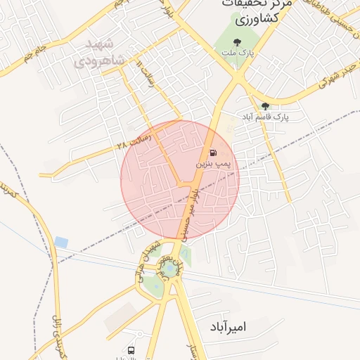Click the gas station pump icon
click(x=213, y=153)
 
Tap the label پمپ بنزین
click(x=213, y=164)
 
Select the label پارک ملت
click(x=244, y=53)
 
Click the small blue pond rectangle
click(x=61, y=242)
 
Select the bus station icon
click(x=131, y=349)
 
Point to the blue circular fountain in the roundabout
click(x=168, y=269)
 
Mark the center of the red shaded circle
click(x=180, y=179)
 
